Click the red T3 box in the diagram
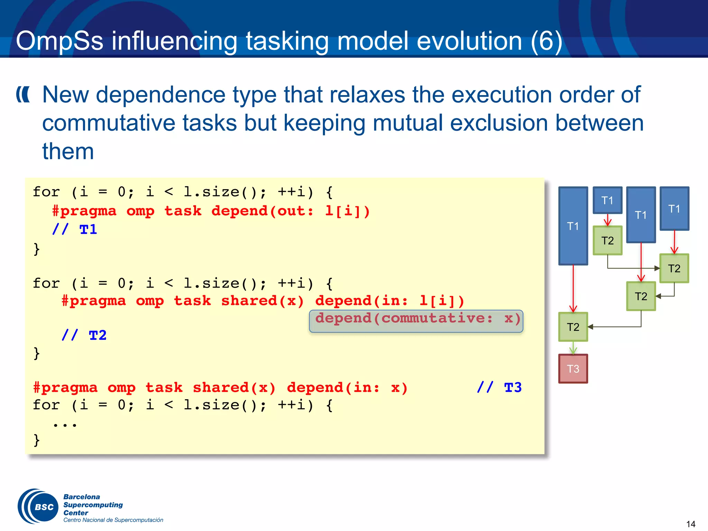[x=573, y=369]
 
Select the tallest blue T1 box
[x=573, y=226]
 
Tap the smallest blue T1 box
[x=607, y=200]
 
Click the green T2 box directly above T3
[x=573, y=327]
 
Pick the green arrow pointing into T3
[x=573, y=348]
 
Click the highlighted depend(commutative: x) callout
[x=416, y=321]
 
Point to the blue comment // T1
[x=75, y=230]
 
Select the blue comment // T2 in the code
[x=84, y=335]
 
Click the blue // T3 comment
[x=499, y=388]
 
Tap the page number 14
[x=690, y=524]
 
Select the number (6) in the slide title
[x=546, y=41]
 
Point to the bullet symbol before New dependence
[x=23, y=95]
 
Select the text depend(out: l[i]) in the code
[x=290, y=211]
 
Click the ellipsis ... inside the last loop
[x=65, y=424]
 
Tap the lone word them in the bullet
[x=68, y=151]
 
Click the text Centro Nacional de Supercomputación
[x=113, y=520]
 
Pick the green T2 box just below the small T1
[x=607, y=241]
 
